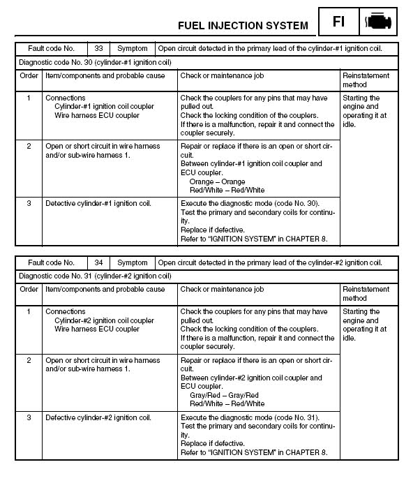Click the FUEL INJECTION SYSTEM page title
coord(243,25)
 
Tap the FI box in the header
coord(338,21)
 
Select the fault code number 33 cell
coord(98,49)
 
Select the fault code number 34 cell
coord(98,263)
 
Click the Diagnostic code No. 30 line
coord(94,61)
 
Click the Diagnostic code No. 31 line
coord(94,276)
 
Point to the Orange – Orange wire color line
coord(217,181)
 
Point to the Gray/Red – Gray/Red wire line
coord(223,395)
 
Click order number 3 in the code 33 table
coord(29,204)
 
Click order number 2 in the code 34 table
coord(29,360)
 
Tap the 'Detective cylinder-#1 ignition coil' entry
coord(98,204)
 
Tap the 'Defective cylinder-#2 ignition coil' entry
coord(98,418)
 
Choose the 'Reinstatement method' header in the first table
coord(366,80)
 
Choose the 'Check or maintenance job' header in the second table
coord(222,289)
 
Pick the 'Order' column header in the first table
coord(29,75)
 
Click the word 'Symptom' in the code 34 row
coord(132,263)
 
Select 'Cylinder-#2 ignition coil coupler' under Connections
coord(105,320)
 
